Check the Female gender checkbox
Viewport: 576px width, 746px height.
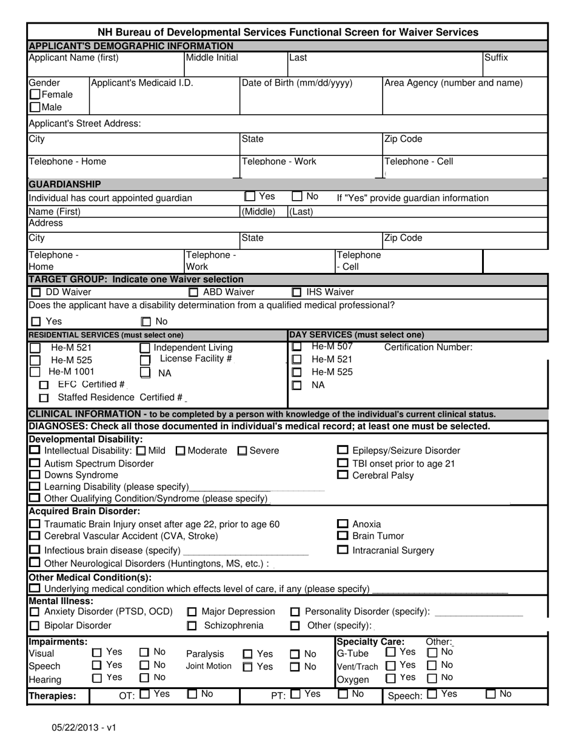tap(35, 95)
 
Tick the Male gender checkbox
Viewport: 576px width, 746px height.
tap(35, 107)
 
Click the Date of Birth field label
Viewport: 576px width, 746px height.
tap(296, 83)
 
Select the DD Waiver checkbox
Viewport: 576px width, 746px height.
tap(36, 292)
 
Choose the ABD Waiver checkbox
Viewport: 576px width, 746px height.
tap(192, 292)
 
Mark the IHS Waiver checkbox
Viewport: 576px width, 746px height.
tap(296, 292)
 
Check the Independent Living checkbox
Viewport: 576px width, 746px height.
tap(145, 348)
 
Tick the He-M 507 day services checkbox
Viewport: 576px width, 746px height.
tap(296, 346)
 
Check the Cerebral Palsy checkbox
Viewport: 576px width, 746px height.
tap(343, 475)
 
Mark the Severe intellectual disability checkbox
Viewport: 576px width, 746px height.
tap(242, 451)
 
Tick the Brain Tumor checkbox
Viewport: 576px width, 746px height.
tap(343, 536)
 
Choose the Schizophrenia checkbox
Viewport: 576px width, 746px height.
tap(192, 626)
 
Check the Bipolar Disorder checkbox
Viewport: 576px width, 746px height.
tap(35, 626)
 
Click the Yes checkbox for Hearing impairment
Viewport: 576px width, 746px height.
tap(97, 678)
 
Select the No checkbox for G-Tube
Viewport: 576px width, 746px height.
tap(432, 653)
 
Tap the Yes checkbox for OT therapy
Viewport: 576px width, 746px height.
tap(145, 694)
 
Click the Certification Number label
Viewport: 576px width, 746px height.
tap(428, 348)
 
